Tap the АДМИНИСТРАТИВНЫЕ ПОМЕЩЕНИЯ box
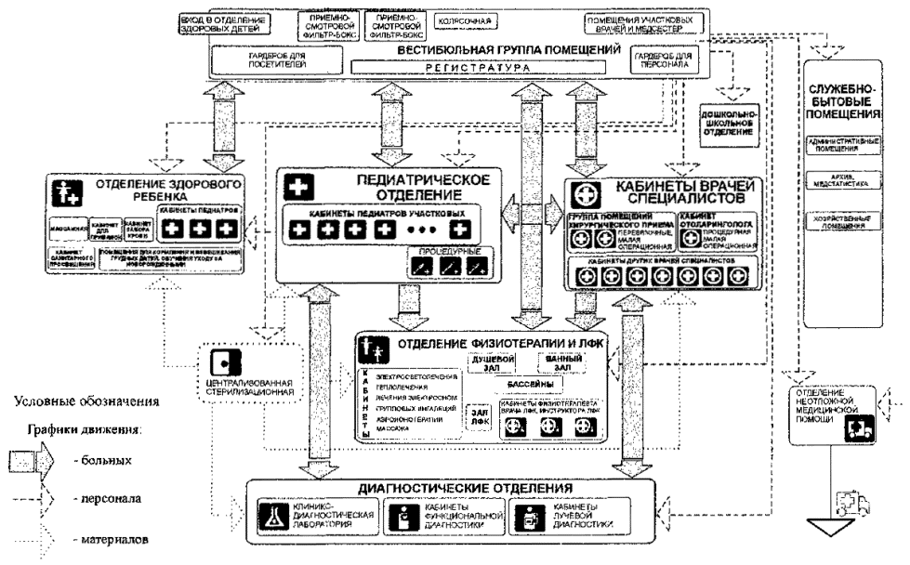pos(845,142)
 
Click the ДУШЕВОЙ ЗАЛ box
pos(488,361)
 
